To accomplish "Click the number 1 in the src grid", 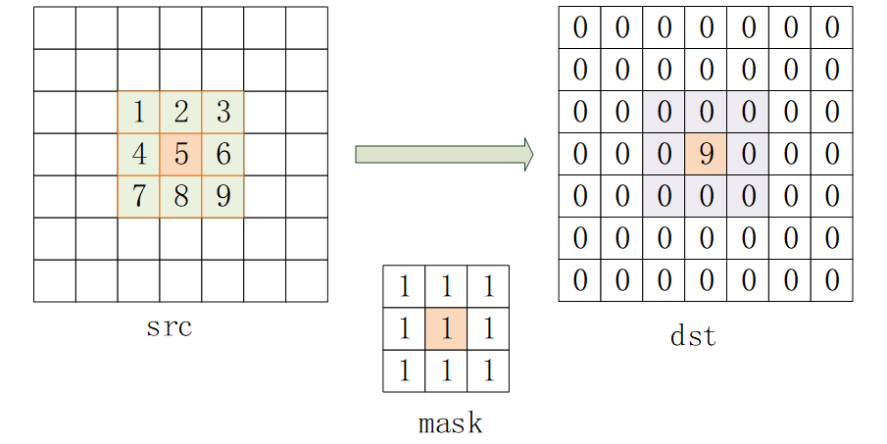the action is click(139, 112).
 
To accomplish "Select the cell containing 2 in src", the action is click(181, 112).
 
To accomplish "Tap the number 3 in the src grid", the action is click(223, 112).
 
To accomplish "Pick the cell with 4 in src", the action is click(139, 155).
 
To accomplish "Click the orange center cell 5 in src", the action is click(181, 155).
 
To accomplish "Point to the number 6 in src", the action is click(223, 154).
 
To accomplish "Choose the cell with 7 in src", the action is click(139, 197).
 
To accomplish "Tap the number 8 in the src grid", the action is click(181, 196).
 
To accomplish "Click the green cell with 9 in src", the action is click(223, 197).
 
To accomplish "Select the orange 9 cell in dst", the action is click(706, 154).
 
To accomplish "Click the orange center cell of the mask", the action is click(446, 328).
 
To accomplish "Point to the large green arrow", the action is click(445, 154).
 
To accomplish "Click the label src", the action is click(170, 327).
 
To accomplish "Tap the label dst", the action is click(693, 336).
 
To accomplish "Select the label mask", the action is click(450, 423).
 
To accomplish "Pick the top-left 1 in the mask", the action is click(405, 287).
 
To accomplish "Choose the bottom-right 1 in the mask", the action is click(489, 371).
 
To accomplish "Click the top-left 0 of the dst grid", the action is click(580, 27).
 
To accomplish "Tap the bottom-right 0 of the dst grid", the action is click(832, 280).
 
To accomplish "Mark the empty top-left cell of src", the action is click(55, 28).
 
